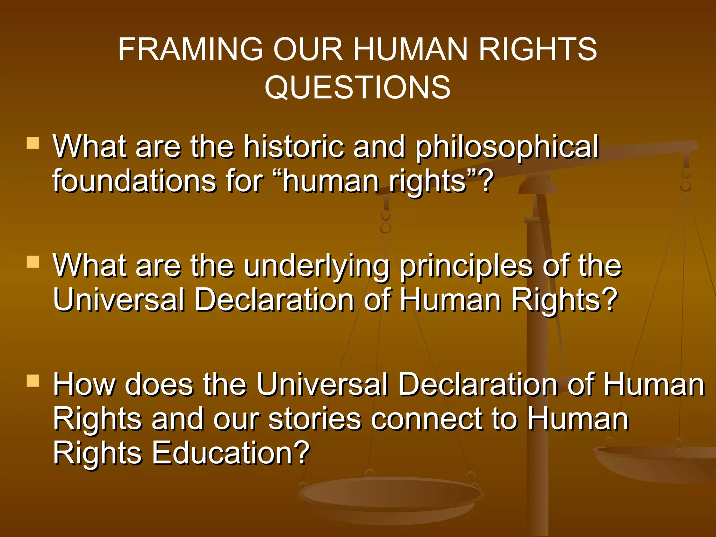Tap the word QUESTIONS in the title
click(x=357, y=87)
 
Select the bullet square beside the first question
click(x=33, y=143)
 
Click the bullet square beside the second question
click(x=33, y=262)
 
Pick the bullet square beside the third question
click(x=33, y=380)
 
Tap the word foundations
click(x=134, y=181)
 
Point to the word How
click(x=84, y=385)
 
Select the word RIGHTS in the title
click(x=538, y=49)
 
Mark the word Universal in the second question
click(x=119, y=300)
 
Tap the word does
click(x=159, y=385)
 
